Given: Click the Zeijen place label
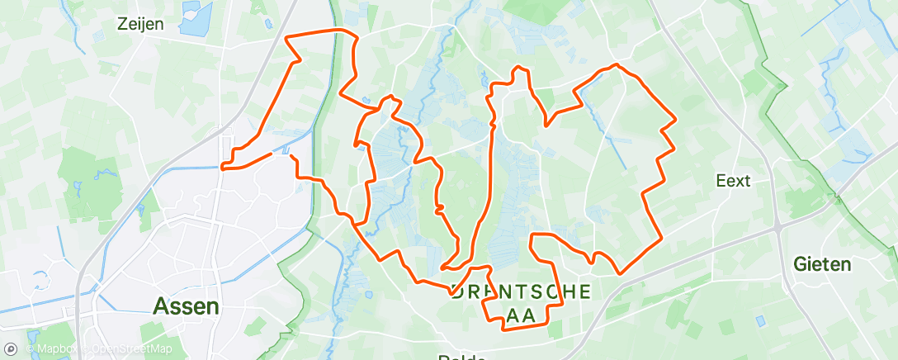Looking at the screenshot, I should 139,24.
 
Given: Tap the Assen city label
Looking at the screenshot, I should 187,306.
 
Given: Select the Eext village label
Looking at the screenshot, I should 733,180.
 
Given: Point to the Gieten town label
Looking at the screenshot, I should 821,265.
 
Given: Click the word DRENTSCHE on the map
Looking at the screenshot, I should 522,291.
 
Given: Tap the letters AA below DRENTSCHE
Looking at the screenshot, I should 522,315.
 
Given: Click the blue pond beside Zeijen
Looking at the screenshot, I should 195,19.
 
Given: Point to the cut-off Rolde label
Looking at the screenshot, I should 461,357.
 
